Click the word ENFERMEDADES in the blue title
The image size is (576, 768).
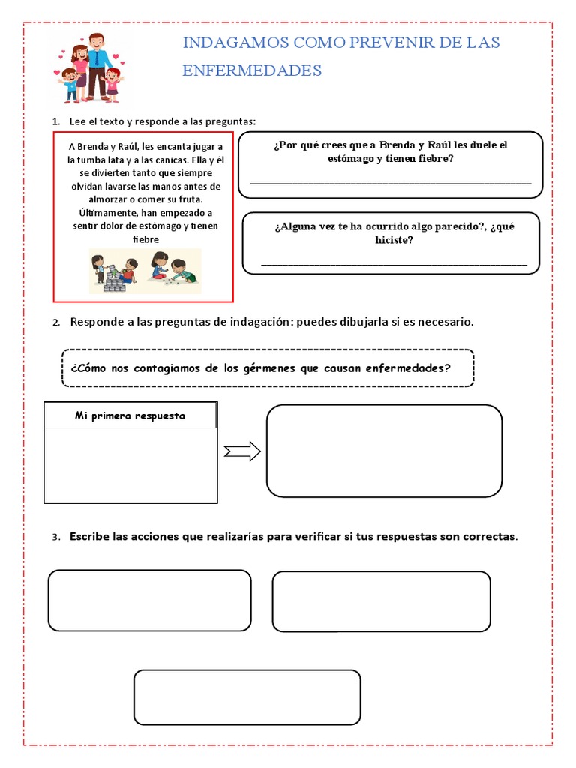[x=252, y=70]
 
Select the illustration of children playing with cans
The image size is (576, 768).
[x=145, y=271]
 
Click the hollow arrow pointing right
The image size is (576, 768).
[x=242, y=451]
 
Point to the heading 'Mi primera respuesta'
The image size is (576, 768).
[x=130, y=415]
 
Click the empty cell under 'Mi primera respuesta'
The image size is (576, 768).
[x=130, y=465]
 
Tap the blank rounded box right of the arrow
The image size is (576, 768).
[x=384, y=451]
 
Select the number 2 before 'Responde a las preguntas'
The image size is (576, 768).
[x=55, y=322]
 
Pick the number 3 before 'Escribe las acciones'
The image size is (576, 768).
[x=55, y=538]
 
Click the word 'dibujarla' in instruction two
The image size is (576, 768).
[x=351, y=322]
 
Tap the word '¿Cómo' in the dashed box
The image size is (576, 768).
[x=88, y=368]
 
